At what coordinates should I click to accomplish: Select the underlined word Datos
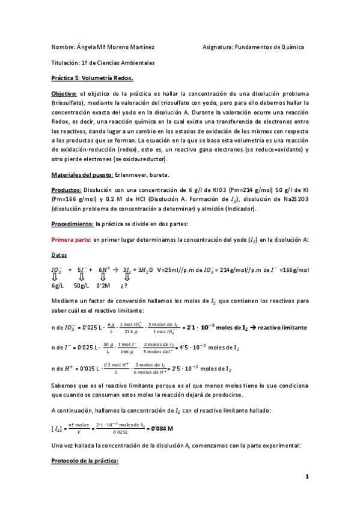point(60,255)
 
